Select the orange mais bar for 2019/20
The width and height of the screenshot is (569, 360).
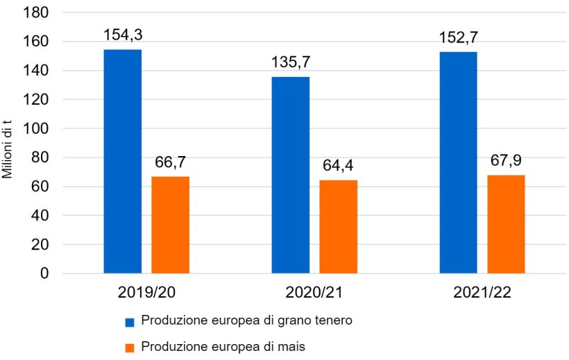coord(170,225)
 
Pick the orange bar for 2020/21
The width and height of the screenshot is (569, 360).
coord(338,227)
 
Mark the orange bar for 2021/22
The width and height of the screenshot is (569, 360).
coord(506,224)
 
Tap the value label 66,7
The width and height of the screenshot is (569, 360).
coord(171,163)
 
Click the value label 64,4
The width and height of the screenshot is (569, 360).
coord(339,166)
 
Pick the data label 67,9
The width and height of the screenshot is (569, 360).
coord(507,161)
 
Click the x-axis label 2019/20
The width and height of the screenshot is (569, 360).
coord(146,292)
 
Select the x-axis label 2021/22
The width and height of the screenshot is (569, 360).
coord(482,292)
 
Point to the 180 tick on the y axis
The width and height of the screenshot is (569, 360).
coord(37,13)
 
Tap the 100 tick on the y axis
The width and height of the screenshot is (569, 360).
coord(37,129)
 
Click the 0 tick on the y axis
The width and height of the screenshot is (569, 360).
coord(44,273)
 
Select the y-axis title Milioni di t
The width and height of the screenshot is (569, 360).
coord(9,144)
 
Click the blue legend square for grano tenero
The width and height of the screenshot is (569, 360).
coord(129,322)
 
